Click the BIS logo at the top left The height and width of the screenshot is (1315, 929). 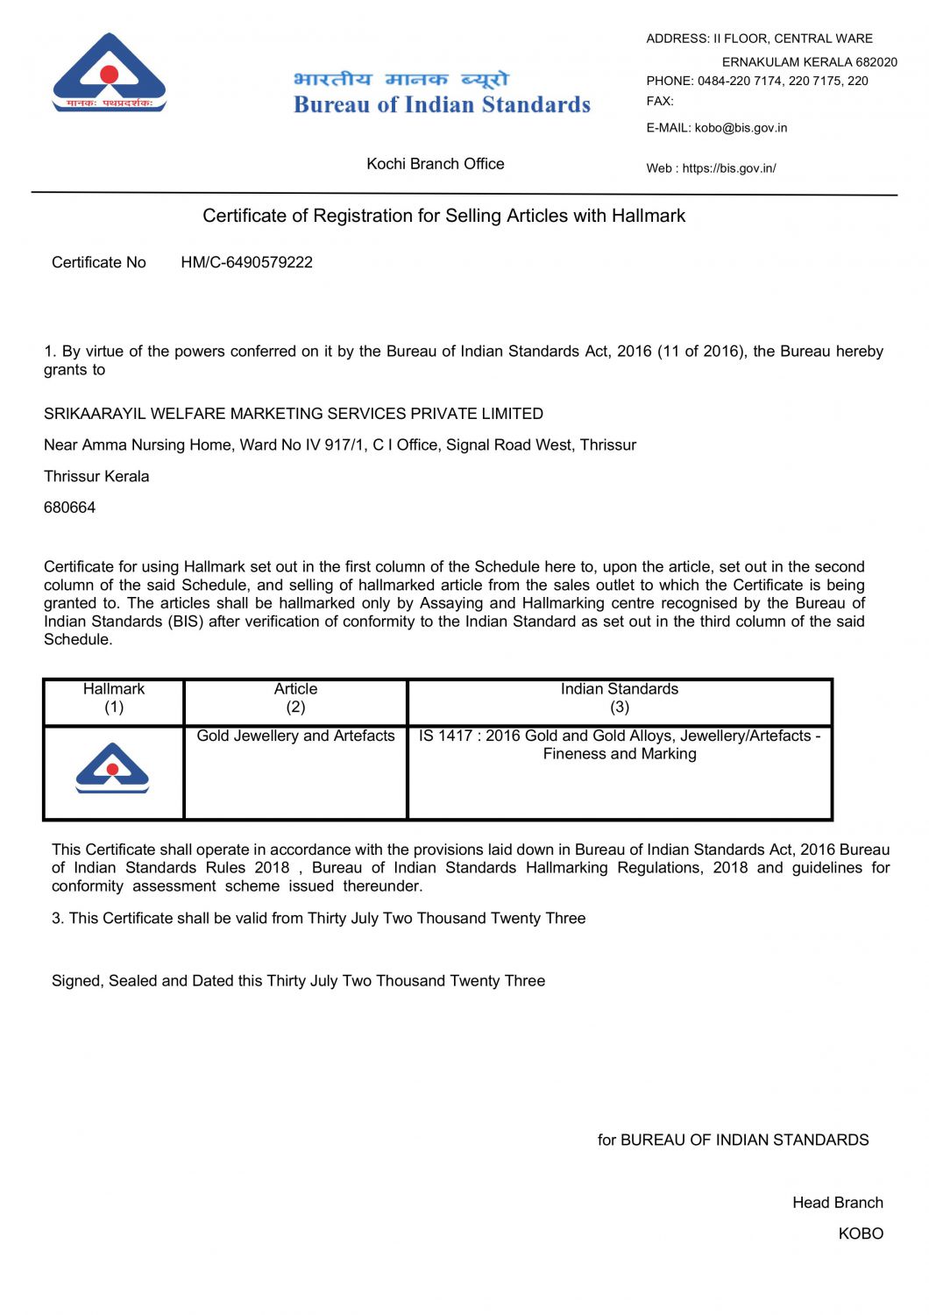point(110,74)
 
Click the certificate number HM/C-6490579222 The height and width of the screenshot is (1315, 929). point(246,262)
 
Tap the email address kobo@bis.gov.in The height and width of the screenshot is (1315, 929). point(741,128)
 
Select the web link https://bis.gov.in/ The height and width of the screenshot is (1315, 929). point(729,168)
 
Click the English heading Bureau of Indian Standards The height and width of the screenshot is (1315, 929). point(442,105)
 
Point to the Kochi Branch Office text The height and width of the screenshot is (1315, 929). point(435,164)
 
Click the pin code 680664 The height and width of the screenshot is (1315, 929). point(69,508)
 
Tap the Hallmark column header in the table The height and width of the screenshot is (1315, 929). point(114,698)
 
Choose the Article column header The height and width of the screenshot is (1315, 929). point(295,698)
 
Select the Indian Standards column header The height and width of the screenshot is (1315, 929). point(620,698)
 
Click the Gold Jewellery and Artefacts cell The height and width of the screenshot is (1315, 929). point(295,736)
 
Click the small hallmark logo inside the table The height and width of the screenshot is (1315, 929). point(112,768)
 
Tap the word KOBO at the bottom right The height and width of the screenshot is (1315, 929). point(861,1233)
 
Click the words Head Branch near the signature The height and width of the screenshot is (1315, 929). point(837,1203)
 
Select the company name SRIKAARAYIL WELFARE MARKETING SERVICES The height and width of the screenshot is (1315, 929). point(293,414)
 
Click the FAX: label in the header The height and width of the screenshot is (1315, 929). point(660,102)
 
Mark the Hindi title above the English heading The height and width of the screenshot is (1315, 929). point(401,80)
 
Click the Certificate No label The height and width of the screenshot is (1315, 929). point(99,262)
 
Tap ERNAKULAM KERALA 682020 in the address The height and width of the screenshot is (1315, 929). point(809,62)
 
